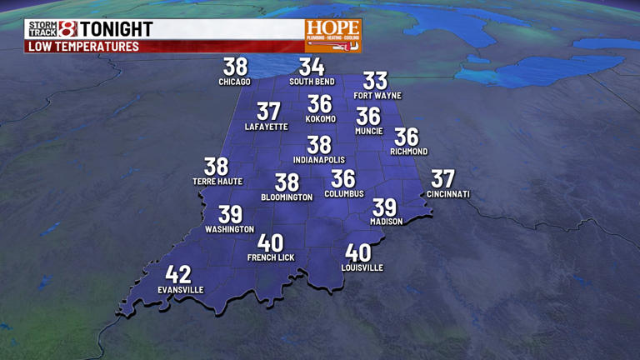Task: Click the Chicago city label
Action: point(234,82)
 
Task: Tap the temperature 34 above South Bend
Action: point(312,67)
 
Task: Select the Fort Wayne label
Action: point(376,96)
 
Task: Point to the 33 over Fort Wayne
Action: point(376,81)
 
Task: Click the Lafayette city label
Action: point(267,127)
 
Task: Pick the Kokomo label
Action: point(320,118)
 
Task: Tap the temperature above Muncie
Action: point(368,116)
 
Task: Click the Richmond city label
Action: point(408,152)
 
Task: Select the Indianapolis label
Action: point(318,160)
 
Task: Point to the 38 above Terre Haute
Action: point(217,167)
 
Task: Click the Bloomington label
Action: point(287,197)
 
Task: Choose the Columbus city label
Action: point(344,193)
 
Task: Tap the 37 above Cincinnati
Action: point(442,178)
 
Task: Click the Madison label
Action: point(387,222)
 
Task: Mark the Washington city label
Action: point(230,229)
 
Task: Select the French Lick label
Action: point(271,257)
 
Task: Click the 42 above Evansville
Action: point(178,274)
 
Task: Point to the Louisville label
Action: point(362,267)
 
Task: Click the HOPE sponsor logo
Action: point(332,35)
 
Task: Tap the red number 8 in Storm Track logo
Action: point(67,29)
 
